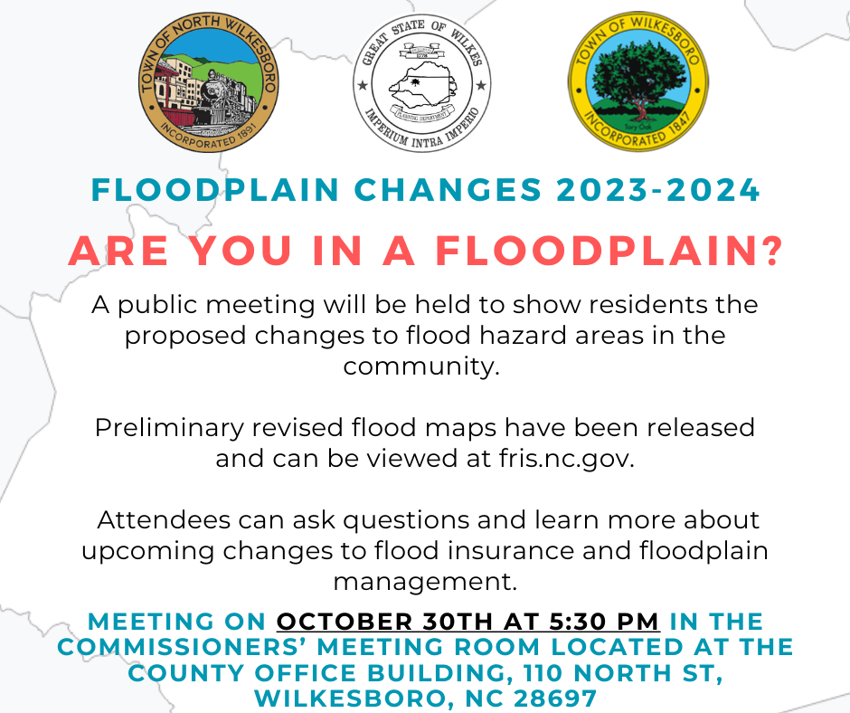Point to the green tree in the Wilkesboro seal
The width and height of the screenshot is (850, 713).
pos(639,77)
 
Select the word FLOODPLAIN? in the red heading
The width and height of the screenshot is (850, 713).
pos(609,251)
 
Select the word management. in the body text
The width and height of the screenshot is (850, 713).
pos(424,580)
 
